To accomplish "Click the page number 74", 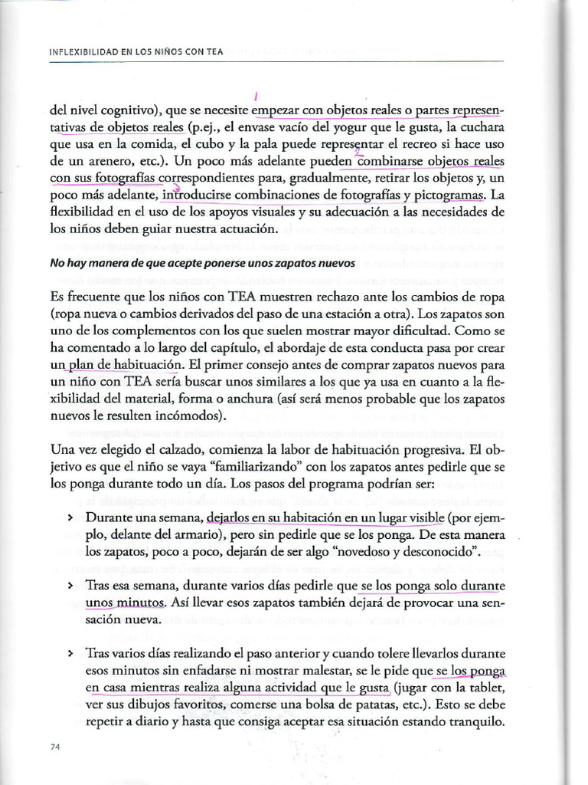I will [54, 747].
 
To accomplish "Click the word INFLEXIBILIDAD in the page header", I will [83, 52].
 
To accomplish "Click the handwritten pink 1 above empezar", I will [254, 96].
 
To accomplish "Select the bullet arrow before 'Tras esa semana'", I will [70, 586].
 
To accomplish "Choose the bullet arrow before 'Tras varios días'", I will [70, 654].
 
